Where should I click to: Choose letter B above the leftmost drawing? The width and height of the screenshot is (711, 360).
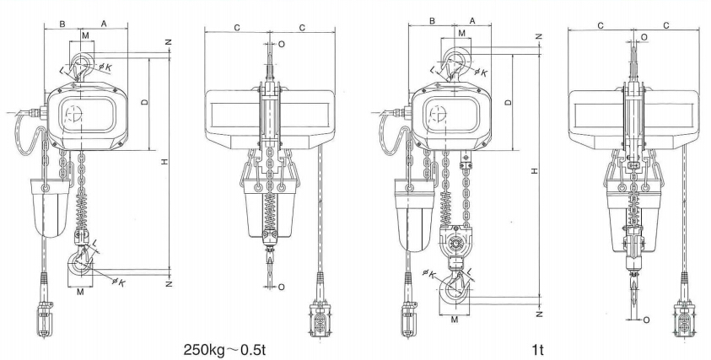(63, 24)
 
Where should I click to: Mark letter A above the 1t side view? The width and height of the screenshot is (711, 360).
(471, 19)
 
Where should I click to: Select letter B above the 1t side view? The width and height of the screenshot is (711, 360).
(432, 19)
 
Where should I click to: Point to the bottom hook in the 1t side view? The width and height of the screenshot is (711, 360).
(455, 291)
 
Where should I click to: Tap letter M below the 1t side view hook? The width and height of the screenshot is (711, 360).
(455, 320)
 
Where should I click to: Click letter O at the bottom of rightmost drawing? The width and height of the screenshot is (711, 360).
(646, 320)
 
